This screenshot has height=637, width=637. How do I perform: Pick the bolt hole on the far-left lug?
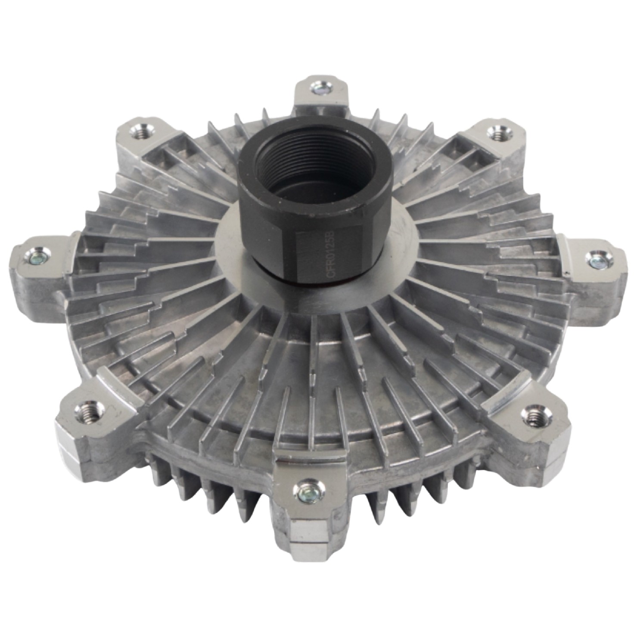tap(35, 258)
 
